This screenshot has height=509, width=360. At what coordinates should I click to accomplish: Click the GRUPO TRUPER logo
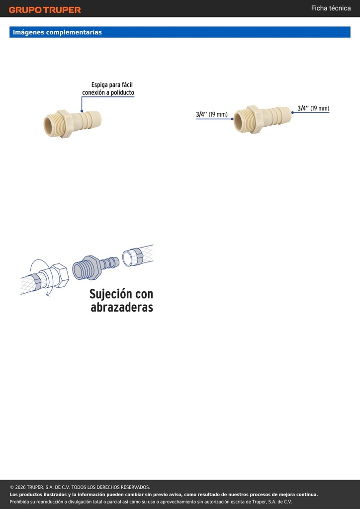45,10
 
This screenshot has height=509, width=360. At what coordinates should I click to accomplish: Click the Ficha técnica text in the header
331,8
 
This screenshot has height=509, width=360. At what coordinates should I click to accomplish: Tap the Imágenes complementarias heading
57,32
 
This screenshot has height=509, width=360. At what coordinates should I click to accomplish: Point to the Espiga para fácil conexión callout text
108,88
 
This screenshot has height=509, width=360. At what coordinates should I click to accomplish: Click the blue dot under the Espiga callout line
82,111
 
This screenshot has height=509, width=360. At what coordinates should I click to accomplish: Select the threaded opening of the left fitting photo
50,123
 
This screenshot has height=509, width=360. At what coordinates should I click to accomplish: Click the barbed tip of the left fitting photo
96,119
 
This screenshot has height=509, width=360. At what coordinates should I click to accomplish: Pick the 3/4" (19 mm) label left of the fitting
212,114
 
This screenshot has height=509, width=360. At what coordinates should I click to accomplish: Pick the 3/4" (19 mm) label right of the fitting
313,108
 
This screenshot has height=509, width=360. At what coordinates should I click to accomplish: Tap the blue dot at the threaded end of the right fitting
232,119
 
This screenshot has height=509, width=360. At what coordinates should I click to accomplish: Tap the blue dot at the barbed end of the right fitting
292,112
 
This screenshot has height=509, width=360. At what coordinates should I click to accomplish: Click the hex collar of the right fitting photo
256,119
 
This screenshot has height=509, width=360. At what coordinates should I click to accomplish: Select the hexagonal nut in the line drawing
61,275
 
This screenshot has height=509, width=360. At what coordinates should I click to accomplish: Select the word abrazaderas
122,307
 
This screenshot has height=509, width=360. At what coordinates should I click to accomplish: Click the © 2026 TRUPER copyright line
80,487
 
